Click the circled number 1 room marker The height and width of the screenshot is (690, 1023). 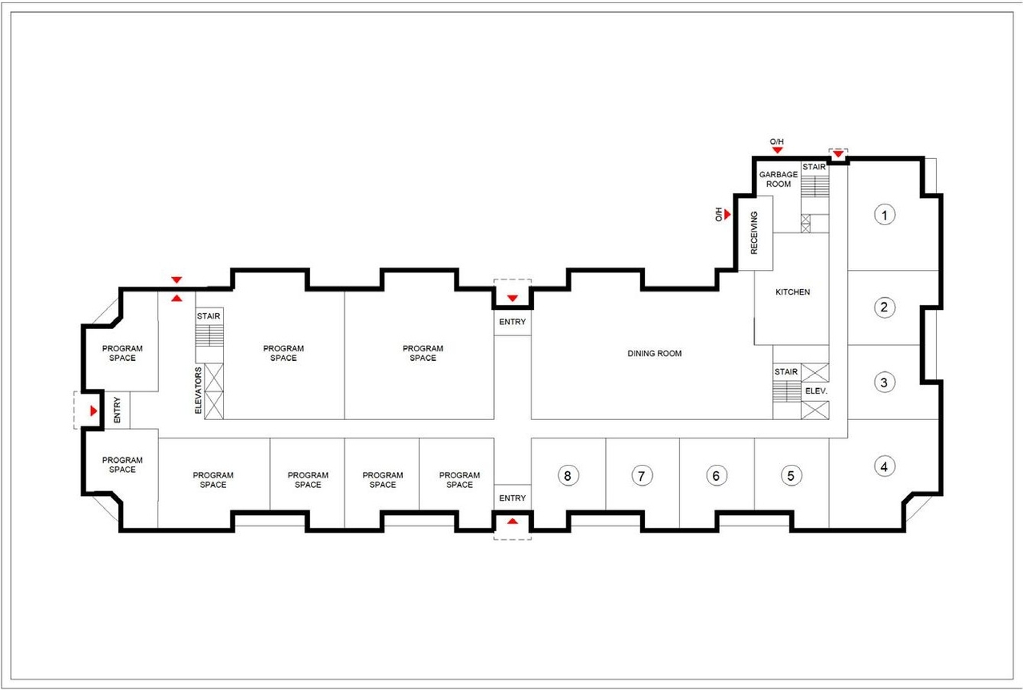point(883,214)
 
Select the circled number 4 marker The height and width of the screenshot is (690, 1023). point(883,466)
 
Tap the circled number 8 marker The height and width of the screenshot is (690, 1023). point(567,476)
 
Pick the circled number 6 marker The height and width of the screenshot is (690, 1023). point(716,476)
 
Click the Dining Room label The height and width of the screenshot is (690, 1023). point(655,353)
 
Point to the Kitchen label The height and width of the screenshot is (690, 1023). point(793,292)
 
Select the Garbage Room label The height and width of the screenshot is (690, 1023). point(778,179)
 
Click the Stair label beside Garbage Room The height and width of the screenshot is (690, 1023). point(814,167)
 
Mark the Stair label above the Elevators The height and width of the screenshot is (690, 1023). point(209,317)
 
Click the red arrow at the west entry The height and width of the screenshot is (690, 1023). point(94,410)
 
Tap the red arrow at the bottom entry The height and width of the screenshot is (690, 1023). point(512,521)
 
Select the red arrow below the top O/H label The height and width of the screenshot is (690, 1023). point(777,151)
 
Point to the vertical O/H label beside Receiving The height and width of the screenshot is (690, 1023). point(718,214)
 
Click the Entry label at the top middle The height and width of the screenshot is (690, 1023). point(512,323)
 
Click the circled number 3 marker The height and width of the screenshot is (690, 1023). point(883,383)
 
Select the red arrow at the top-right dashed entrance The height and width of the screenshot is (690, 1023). point(838,154)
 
